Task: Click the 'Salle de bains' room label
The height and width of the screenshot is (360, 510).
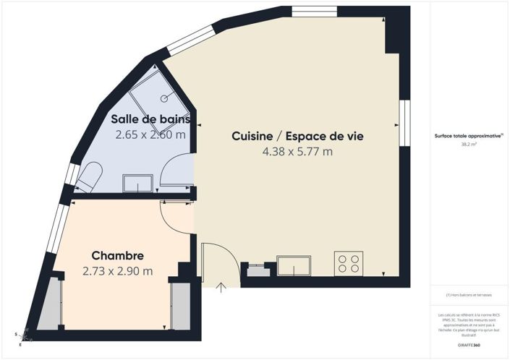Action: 150,119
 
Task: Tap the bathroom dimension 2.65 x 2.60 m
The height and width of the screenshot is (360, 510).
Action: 150,134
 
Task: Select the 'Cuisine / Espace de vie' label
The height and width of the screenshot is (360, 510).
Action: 297,136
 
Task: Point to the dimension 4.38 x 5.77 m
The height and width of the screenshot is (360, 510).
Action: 297,151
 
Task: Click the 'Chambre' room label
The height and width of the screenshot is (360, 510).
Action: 117,256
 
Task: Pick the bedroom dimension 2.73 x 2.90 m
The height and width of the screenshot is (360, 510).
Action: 117,271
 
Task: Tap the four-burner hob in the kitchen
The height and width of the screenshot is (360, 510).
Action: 348,263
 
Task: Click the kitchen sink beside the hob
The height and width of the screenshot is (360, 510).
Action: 294,266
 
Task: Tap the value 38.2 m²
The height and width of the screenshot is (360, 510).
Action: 469,145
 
